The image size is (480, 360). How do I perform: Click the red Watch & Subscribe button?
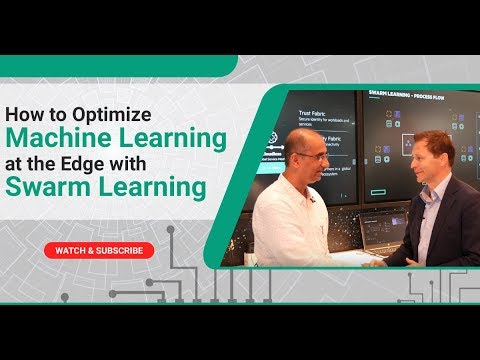(99, 250)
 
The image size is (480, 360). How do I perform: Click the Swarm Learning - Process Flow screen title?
(399, 96)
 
